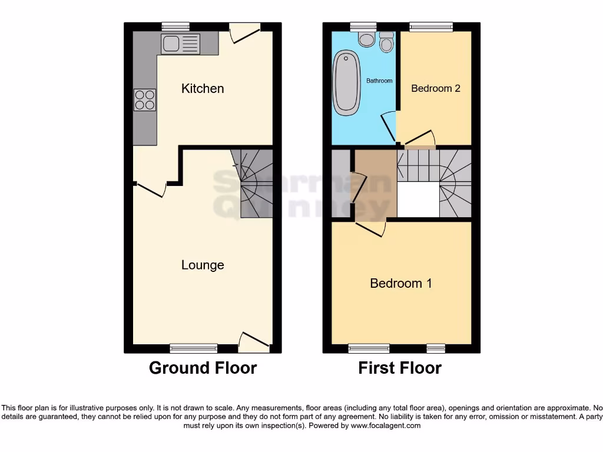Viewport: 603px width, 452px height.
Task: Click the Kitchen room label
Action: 203,89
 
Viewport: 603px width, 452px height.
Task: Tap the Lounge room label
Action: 203,265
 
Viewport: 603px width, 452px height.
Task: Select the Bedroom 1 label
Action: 401,284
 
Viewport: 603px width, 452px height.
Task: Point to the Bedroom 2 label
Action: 436,89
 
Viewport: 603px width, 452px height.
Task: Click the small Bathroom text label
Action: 379,81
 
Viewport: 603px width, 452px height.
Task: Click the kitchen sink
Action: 180,44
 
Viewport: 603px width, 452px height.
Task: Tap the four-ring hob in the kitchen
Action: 145,99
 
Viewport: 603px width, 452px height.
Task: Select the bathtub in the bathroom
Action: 346,82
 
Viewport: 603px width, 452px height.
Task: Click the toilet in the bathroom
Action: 367,39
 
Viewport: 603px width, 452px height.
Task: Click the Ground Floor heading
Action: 203,368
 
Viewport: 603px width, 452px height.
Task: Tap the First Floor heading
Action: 400,368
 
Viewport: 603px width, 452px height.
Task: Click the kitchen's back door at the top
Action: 244,33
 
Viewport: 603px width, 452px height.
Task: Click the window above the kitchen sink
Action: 175,26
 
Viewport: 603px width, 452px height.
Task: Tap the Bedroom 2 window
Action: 432,26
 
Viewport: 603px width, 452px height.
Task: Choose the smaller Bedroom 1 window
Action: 436,348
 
